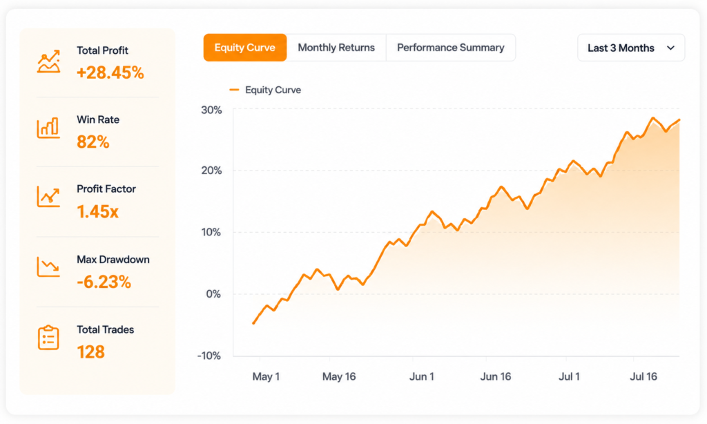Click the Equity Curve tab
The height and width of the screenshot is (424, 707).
click(245, 48)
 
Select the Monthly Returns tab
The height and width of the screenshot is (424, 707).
click(336, 48)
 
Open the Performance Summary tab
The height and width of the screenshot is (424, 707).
click(450, 48)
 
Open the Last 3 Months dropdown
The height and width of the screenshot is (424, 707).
click(631, 48)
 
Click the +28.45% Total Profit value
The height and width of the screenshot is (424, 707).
click(110, 73)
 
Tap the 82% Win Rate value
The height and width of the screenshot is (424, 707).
click(93, 142)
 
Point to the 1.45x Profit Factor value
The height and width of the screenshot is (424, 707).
click(98, 211)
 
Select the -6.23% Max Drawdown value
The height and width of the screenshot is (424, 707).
click(104, 282)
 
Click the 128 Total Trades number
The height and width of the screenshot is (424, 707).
click(90, 351)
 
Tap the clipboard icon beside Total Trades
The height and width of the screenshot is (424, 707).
click(48, 338)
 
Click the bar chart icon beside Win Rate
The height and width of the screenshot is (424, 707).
click(48, 128)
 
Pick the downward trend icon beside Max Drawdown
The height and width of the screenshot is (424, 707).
click(48, 267)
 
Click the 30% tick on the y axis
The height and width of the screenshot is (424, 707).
click(211, 110)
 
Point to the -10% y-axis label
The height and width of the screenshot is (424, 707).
click(209, 356)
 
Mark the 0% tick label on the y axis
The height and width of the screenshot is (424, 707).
click(214, 294)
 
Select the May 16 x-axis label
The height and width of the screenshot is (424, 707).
click(339, 376)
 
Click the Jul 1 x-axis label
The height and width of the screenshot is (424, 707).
click(569, 376)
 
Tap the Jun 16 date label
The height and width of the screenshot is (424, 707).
click(496, 376)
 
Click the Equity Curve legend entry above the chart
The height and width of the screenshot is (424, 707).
click(265, 90)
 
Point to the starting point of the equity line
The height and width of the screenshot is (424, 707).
click(253, 323)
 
